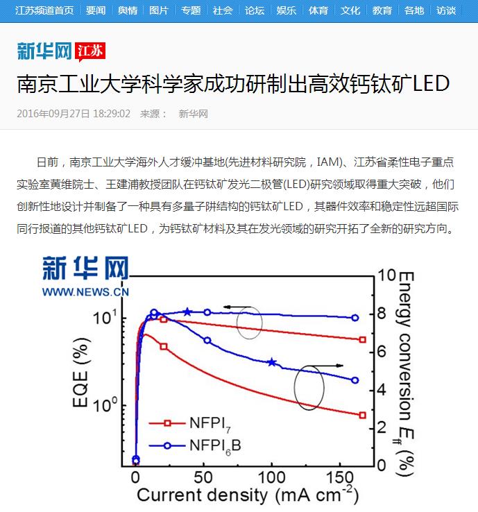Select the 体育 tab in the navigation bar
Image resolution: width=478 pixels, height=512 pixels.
tap(318, 10)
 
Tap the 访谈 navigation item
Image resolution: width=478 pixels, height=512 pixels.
tap(446, 10)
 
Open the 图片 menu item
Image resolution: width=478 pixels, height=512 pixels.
tap(159, 10)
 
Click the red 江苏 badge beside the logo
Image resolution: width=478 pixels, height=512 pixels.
tap(90, 51)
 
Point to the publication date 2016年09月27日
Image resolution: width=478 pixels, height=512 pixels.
tap(53, 114)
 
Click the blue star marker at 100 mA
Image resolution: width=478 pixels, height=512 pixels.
tap(272, 362)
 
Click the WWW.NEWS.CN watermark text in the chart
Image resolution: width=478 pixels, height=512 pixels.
tap(85, 292)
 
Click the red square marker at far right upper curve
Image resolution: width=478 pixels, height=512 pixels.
tap(362, 339)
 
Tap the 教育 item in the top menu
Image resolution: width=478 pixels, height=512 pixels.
tap(382, 10)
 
